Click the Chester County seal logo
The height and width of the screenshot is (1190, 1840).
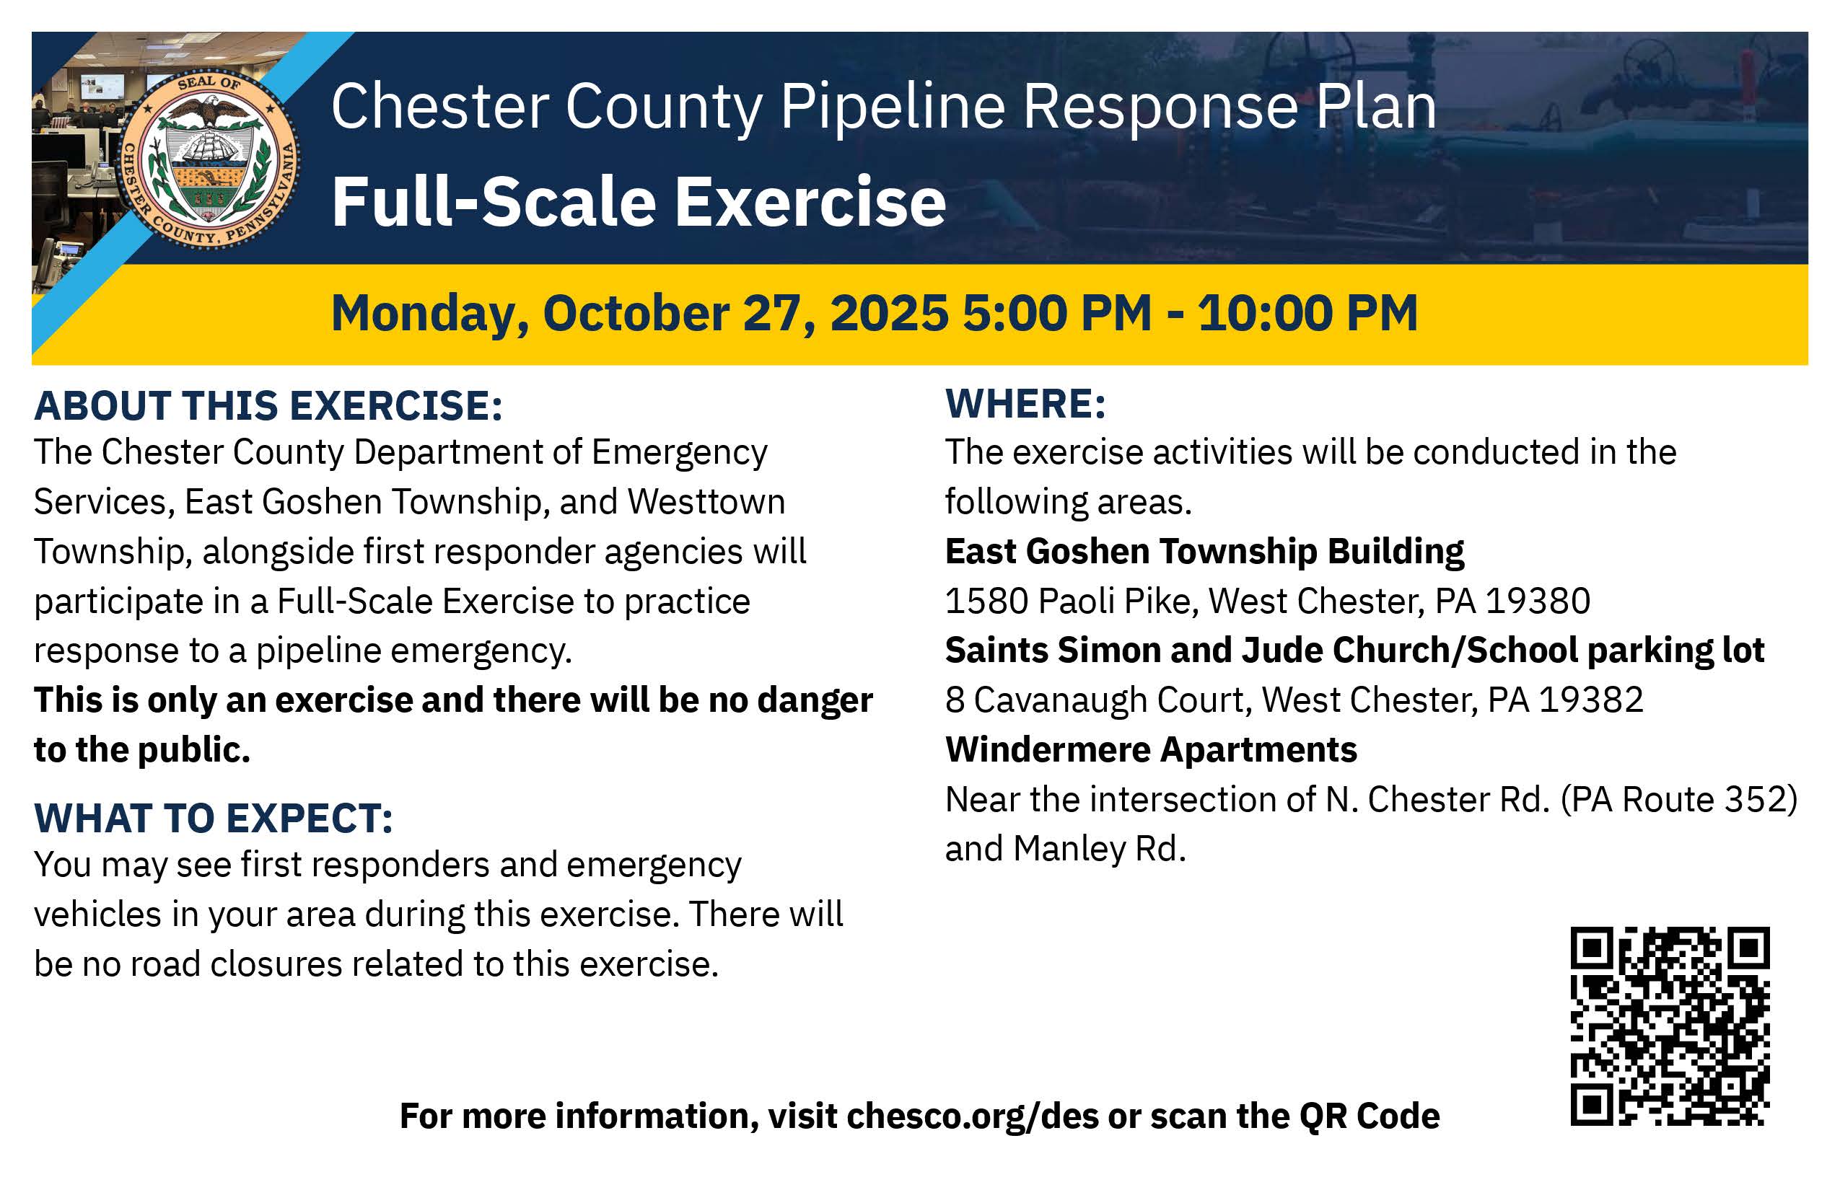(x=208, y=160)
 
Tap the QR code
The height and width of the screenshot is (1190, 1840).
(x=1670, y=1026)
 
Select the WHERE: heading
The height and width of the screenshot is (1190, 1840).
(x=1025, y=403)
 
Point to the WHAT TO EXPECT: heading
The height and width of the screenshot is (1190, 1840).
(x=214, y=819)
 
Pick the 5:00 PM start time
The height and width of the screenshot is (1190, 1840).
(x=1057, y=313)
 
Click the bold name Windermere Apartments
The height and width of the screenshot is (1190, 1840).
(x=1151, y=749)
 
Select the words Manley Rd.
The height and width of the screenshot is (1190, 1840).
(x=1100, y=848)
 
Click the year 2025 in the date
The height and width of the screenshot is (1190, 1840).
(x=889, y=313)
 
